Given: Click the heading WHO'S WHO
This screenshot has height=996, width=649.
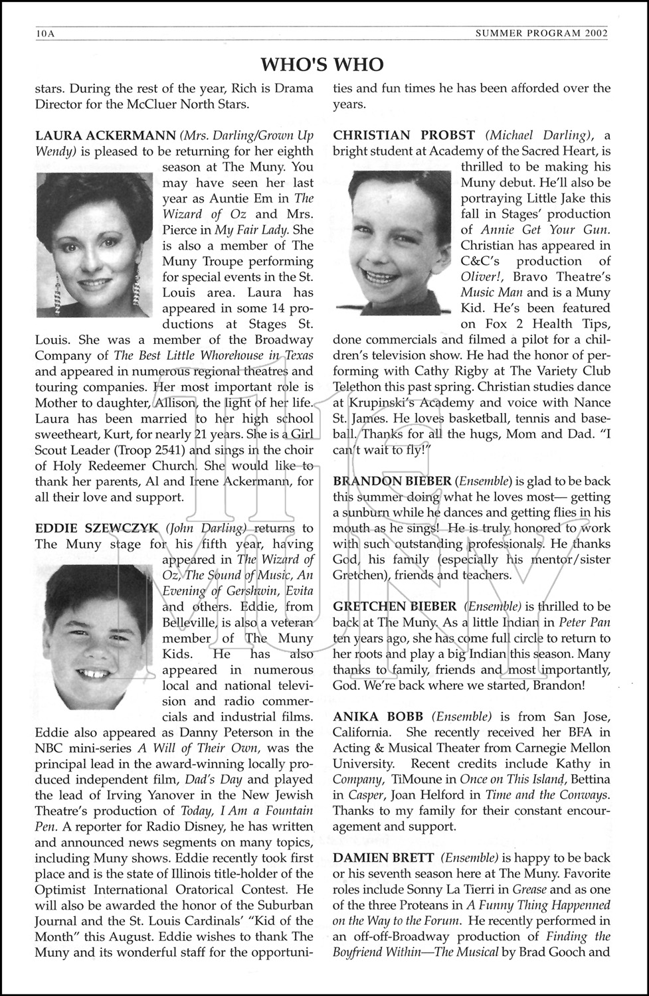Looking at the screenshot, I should click(x=322, y=64).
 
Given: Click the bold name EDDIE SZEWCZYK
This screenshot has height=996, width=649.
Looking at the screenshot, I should click(x=96, y=529).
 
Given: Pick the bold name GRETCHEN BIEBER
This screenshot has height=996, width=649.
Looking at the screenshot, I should click(x=395, y=606).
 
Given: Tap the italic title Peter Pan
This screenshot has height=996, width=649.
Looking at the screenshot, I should click(x=584, y=623).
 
